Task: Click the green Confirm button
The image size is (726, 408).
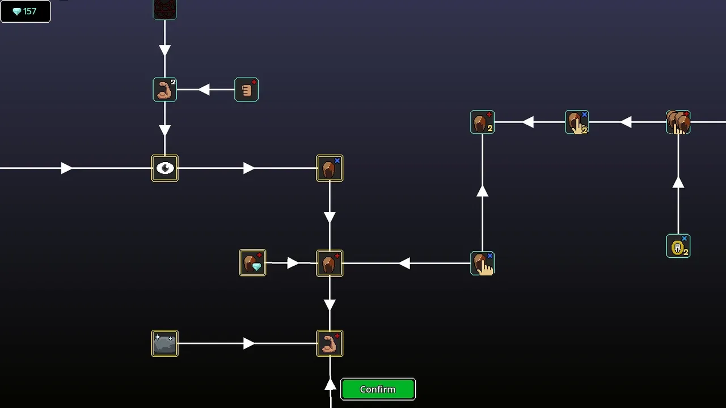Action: click(x=378, y=389)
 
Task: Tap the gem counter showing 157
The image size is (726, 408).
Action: click(x=26, y=11)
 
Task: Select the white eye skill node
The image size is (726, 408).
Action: click(x=165, y=168)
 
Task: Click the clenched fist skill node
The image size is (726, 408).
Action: click(x=247, y=90)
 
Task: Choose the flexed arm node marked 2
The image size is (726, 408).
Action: click(x=165, y=90)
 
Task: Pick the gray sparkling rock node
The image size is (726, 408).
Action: click(x=165, y=343)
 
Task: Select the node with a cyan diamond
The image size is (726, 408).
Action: click(x=252, y=263)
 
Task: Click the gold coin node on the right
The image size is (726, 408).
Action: click(x=678, y=246)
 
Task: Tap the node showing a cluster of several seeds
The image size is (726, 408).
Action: click(x=678, y=122)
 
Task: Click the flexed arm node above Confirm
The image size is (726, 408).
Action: click(x=330, y=343)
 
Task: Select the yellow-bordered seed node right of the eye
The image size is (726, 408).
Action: click(x=330, y=168)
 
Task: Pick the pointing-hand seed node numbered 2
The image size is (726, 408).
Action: click(x=577, y=122)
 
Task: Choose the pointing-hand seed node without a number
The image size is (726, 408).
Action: click(x=482, y=263)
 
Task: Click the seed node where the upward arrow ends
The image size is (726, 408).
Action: click(x=482, y=122)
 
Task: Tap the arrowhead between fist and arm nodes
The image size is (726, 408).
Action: click(x=204, y=90)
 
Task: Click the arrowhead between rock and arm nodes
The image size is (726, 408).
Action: click(x=248, y=343)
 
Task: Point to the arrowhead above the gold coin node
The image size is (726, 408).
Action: click(x=678, y=183)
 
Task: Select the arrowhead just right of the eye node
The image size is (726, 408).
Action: click(x=248, y=168)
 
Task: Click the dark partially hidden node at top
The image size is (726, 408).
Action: click(x=165, y=9)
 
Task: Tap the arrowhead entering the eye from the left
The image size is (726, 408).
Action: click(x=66, y=168)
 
